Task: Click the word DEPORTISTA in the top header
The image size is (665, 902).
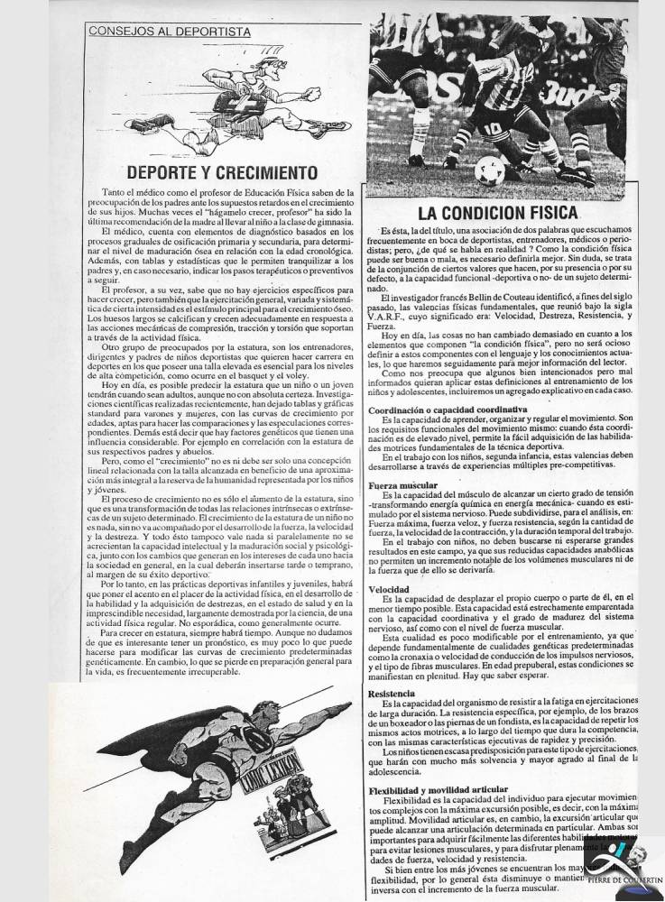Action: pos(203,30)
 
